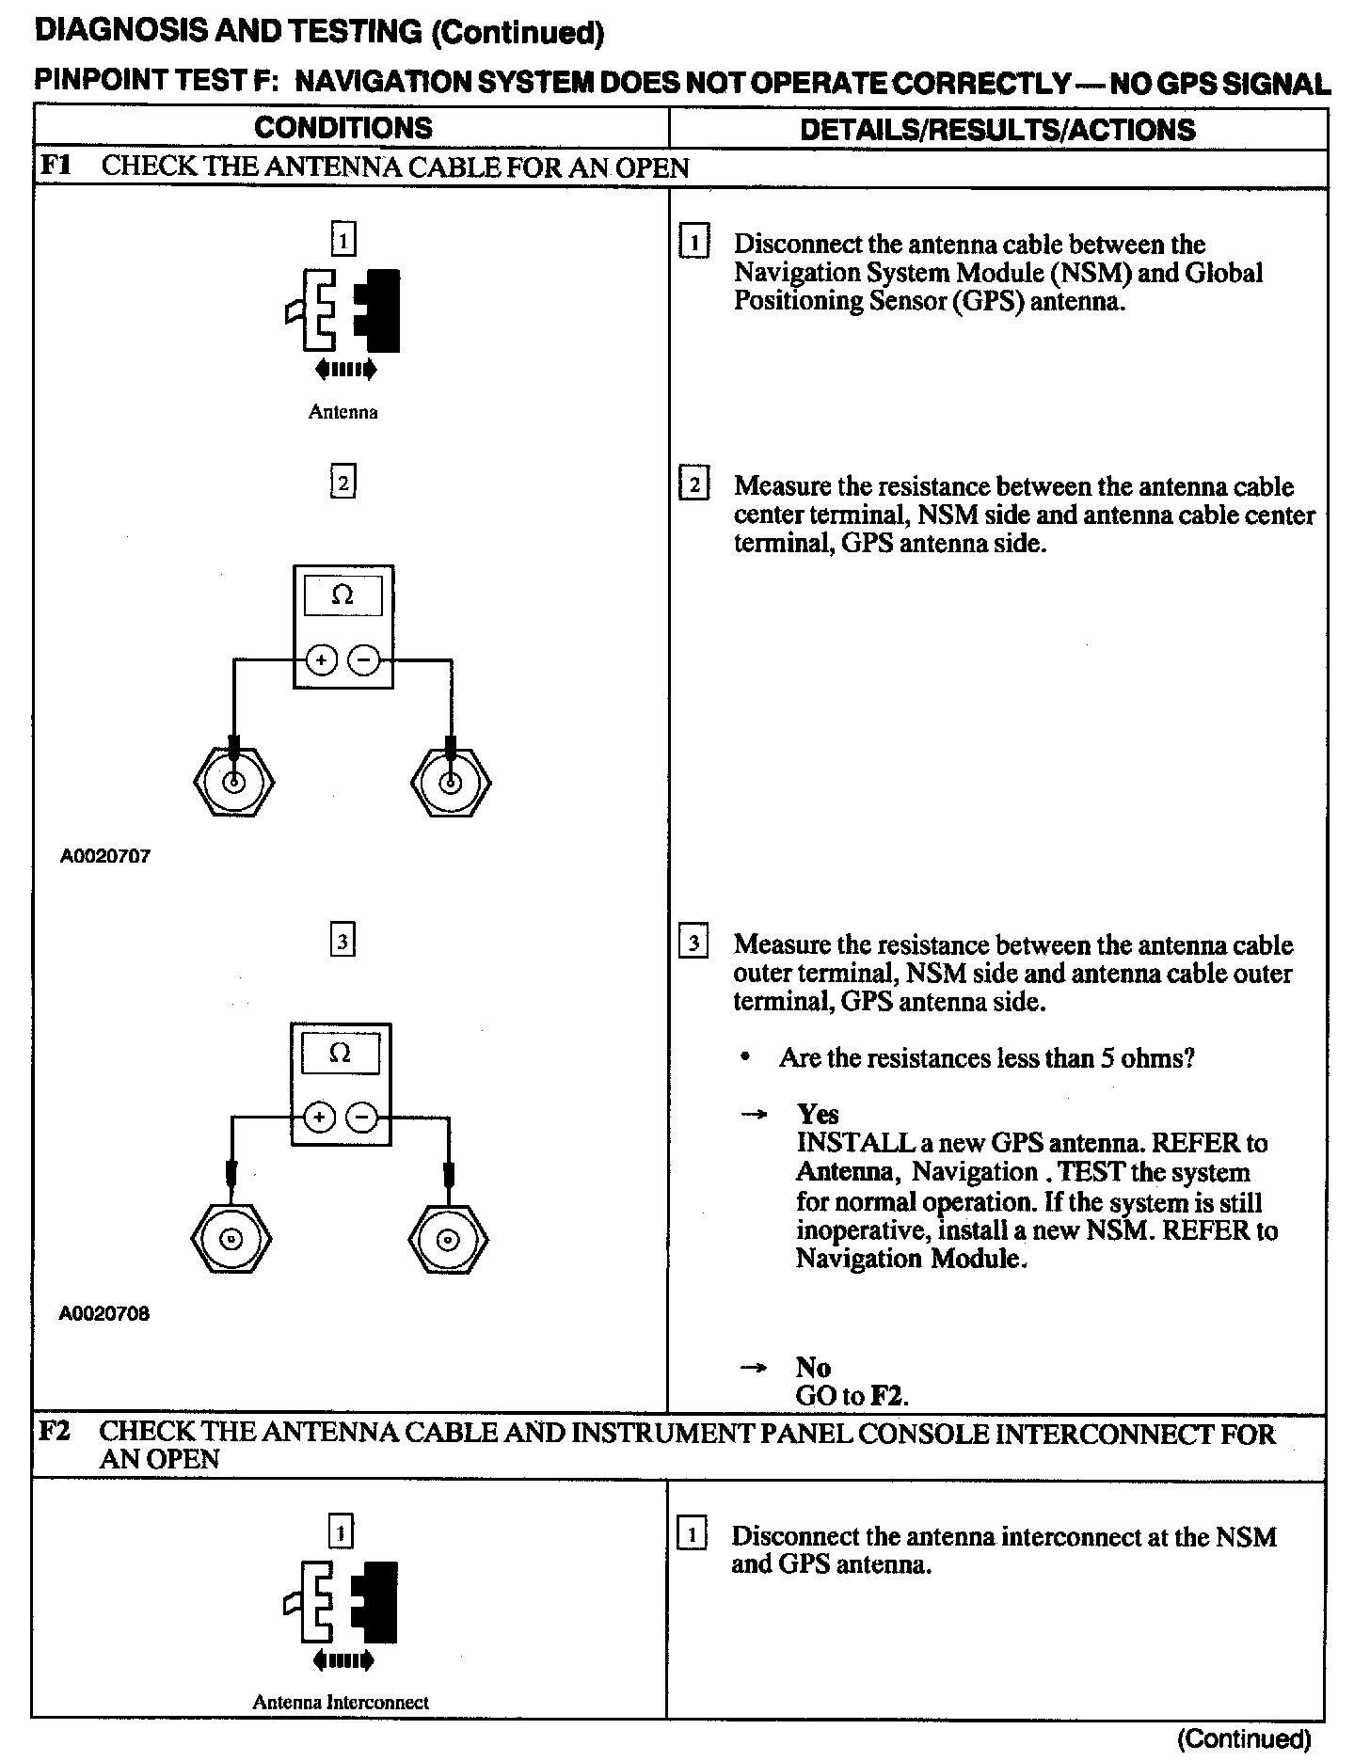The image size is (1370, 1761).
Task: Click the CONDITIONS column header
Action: click(x=342, y=128)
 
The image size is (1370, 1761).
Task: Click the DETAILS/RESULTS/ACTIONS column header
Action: click(x=997, y=129)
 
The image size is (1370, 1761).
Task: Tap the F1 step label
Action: click(x=55, y=167)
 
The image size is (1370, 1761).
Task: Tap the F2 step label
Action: click(x=55, y=1432)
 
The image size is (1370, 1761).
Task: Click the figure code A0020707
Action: click(x=104, y=857)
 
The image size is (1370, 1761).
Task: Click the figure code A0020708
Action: click(x=104, y=1314)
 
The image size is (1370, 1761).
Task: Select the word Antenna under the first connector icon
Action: click(x=342, y=412)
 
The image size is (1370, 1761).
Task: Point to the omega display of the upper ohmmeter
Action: click(x=342, y=595)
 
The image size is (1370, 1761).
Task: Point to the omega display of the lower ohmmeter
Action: click(x=341, y=1054)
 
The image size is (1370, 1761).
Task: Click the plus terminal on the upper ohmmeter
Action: click(x=322, y=660)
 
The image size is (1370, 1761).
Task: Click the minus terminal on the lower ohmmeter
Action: click(x=361, y=1118)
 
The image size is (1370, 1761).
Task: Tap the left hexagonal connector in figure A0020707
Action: click(x=233, y=782)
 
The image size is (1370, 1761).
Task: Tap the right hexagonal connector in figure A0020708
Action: click(x=449, y=1238)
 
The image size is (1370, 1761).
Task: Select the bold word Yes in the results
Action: click(x=818, y=1115)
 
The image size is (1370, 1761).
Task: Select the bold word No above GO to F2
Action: click(x=813, y=1367)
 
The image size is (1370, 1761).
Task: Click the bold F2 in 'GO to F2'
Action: click(x=888, y=1395)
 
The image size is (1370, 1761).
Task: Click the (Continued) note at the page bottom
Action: click(x=1244, y=1738)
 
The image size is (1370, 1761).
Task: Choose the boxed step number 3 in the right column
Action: click(x=693, y=944)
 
